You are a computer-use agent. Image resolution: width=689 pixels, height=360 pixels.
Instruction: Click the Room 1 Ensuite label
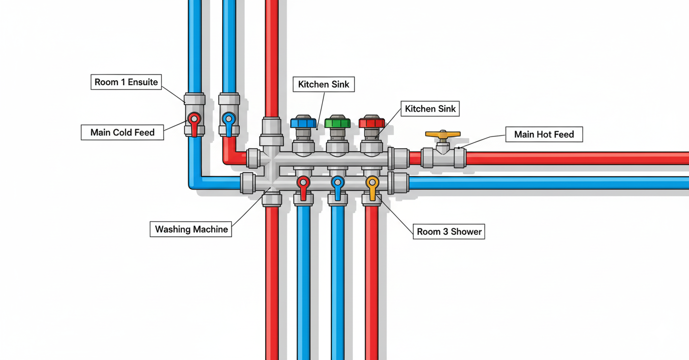click(126, 82)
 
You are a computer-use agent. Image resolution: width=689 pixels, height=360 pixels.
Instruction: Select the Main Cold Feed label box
click(122, 133)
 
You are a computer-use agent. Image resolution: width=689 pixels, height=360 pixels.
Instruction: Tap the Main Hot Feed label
click(544, 135)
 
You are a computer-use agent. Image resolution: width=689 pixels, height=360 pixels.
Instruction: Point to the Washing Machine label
click(191, 229)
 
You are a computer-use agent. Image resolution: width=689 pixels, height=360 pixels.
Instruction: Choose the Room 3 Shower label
click(449, 231)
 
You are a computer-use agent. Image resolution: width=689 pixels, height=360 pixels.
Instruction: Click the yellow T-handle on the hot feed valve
click(443, 134)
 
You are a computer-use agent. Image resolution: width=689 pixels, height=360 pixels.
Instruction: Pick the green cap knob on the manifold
click(338, 122)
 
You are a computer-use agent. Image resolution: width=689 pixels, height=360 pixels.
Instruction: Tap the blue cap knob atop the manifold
click(303, 122)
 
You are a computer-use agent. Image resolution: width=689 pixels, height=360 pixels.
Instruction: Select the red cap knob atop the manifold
click(372, 122)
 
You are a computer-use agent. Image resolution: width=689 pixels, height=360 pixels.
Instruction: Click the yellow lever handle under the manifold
click(372, 187)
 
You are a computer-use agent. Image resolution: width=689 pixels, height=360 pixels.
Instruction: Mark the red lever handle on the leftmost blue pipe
click(194, 123)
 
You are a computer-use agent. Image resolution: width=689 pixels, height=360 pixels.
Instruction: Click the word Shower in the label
click(466, 231)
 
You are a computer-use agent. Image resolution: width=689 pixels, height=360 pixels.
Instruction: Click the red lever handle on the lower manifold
click(303, 187)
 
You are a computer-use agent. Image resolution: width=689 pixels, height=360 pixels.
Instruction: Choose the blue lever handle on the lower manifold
click(338, 187)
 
